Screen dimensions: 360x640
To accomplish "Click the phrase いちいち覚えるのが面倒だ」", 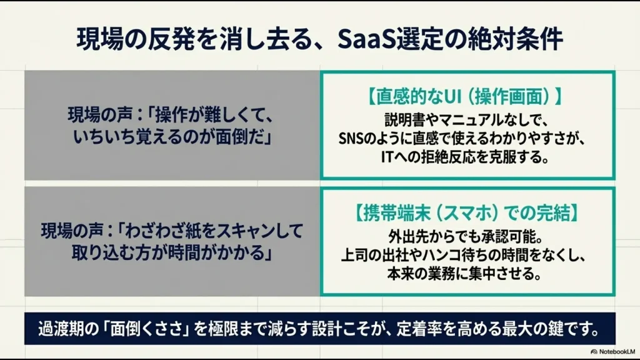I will point(172,136).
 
